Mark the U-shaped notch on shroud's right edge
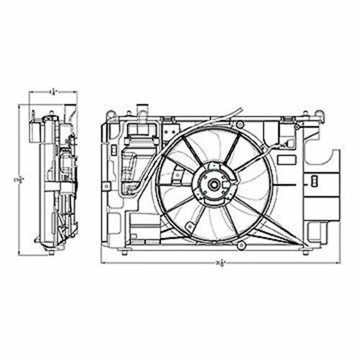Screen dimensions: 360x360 pos(320,155)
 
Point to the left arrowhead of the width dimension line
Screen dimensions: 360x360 pos(102,264)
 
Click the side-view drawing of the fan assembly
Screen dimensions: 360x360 pos(53,176)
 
